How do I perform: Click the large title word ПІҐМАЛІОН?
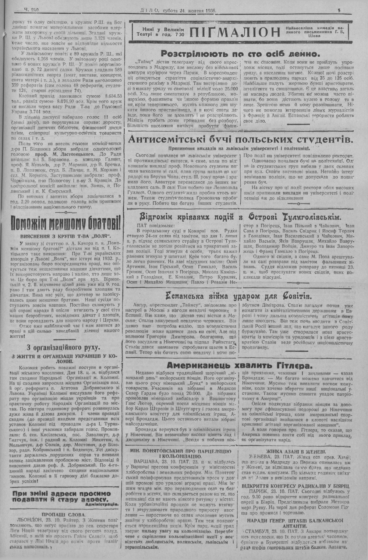click(x=235, y=32)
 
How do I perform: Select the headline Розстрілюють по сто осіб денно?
click(x=240, y=53)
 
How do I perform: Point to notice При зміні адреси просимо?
click(x=61, y=493)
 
